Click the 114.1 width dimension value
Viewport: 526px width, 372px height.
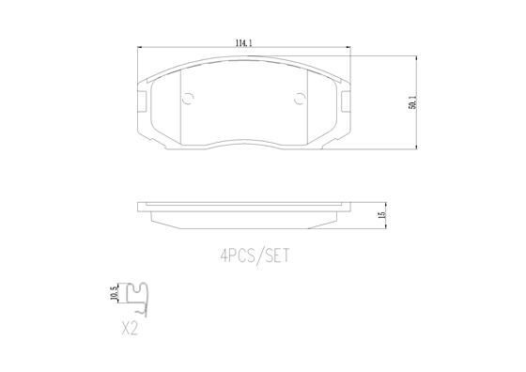(x=244, y=43)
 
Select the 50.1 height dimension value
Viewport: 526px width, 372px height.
(x=412, y=102)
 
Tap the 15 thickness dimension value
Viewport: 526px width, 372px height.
(x=382, y=215)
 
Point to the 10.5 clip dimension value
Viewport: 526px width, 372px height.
(x=116, y=293)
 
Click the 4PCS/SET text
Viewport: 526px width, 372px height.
(x=255, y=256)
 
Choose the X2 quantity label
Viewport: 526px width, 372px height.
(x=130, y=328)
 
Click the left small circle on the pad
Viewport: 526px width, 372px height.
(x=188, y=99)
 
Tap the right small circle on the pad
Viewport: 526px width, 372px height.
(x=300, y=99)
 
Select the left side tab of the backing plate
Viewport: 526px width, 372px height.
(x=142, y=101)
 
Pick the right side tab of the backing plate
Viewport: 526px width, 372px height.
(x=346, y=101)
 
